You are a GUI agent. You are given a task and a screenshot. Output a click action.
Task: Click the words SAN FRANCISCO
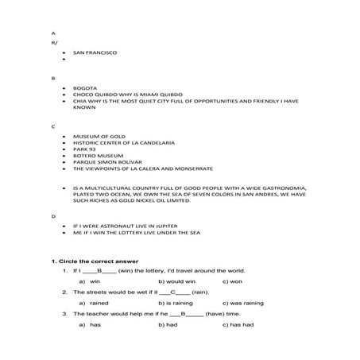click(x=95, y=52)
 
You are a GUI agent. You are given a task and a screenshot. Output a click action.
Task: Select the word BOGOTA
click(x=83, y=88)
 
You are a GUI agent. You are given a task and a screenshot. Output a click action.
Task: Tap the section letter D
click(x=53, y=215)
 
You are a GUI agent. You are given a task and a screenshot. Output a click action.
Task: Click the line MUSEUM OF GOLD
click(x=94, y=137)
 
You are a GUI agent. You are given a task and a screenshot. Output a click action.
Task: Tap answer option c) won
click(x=231, y=281)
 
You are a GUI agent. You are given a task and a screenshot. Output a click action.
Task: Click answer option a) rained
click(x=93, y=303)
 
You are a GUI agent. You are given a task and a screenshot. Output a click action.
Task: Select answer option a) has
click(x=90, y=324)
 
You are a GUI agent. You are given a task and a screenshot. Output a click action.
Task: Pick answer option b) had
click(x=167, y=324)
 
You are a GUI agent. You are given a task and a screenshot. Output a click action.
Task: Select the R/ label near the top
click(x=53, y=43)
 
